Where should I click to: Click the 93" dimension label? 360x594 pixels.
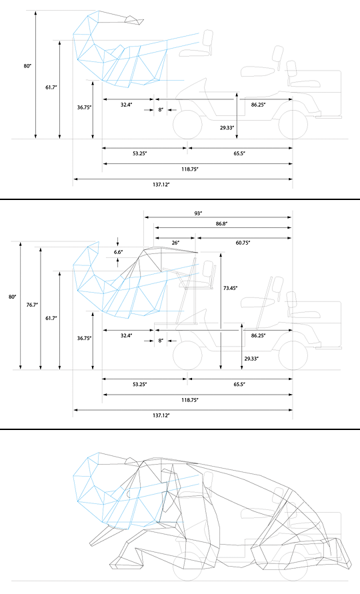click(198, 213)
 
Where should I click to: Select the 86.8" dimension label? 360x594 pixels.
click(222, 224)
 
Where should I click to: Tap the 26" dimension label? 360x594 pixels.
click(175, 243)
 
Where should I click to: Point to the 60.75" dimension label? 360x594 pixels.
click(243, 243)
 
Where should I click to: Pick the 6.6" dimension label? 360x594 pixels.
click(118, 251)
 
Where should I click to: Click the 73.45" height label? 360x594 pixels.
click(231, 288)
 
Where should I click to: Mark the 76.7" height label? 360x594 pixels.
click(32, 304)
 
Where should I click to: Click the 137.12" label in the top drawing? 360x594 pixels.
click(161, 184)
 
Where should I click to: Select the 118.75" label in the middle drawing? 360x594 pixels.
click(189, 399)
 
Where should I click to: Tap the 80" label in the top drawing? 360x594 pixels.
click(27, 66)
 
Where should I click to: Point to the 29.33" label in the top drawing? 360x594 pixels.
click(227, 127)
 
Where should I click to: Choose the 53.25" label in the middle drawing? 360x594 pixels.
click(139, 384)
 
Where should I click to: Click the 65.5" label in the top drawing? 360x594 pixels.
click(239, 153)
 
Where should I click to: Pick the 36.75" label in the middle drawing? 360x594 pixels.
click(85, 338)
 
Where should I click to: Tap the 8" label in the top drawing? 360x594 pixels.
click(161, 109)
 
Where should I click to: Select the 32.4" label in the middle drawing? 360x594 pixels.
click(126, 335)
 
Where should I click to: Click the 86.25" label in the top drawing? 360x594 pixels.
click(258, 104)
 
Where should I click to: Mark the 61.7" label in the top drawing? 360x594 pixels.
click(51, 87)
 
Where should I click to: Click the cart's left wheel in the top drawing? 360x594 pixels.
click(187, 125)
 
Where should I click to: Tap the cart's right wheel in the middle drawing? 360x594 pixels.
click(293, 355)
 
